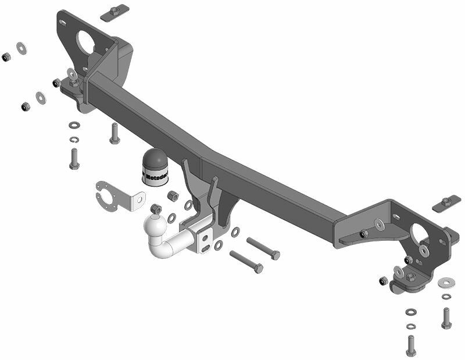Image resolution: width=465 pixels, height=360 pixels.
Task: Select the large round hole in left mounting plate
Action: tap(86, 41)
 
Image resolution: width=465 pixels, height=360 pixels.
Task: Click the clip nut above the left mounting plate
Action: tap(115, 12)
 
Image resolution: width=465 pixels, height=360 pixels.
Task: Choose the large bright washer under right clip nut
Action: tap(446, 282)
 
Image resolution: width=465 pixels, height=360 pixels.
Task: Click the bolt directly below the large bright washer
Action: tap(446, 317)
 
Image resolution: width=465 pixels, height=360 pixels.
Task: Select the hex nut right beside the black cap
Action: tap(173, 195)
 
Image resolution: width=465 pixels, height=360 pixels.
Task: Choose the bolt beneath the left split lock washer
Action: tap(74, 158)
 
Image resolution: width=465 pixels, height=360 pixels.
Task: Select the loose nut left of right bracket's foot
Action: tap(383, 281)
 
